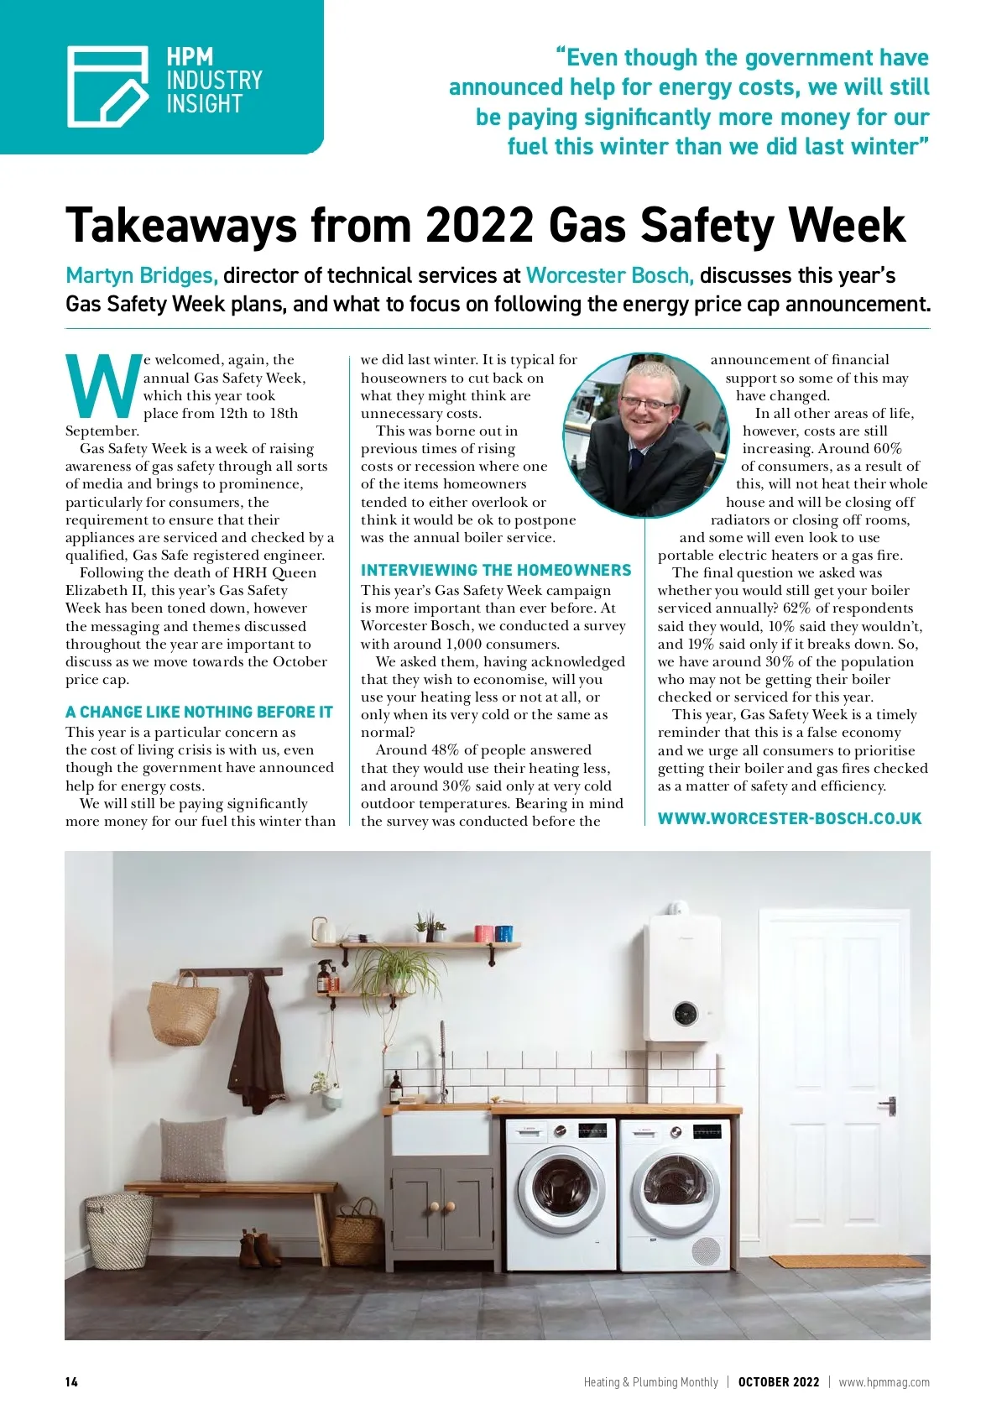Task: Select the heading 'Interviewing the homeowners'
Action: point(496,571)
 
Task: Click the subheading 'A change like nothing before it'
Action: point(199,713)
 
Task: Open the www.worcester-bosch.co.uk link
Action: point(789,818)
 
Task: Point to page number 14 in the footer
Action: point(71,1382)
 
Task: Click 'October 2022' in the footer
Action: point(778,1382)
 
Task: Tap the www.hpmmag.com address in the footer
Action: point(884,1382)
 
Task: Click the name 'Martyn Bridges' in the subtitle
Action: point(142,276)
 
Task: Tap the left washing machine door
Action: point(559,1193)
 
